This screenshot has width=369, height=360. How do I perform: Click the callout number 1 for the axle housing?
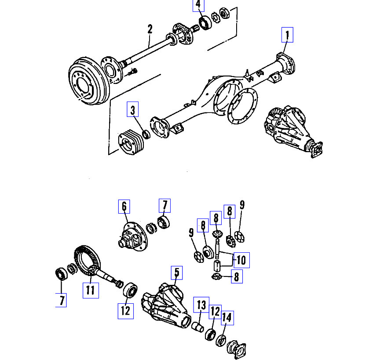(288, 34)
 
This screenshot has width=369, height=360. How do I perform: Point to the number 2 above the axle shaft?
(150, 29)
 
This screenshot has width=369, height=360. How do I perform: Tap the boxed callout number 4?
(198, 5)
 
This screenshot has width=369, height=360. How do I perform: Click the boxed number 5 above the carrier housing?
(176, 273)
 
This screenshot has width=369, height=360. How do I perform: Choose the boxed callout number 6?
(124, 206)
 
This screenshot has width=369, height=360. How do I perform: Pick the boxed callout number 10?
(241, 260)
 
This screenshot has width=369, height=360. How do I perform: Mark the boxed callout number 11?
(90, 290)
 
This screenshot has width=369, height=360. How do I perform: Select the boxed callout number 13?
(201, 305)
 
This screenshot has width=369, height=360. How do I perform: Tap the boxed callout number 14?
(227, 317)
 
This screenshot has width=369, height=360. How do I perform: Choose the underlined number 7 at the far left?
(62, 301)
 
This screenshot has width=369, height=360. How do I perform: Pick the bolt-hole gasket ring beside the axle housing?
(241, 108)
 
